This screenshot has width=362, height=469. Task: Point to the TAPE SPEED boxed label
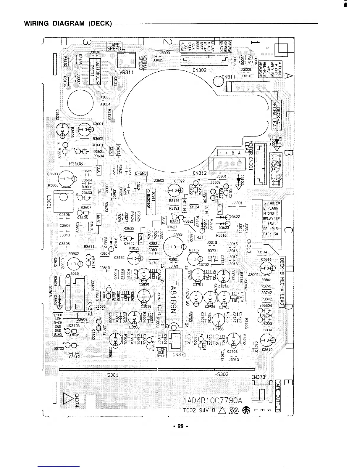point(114,47)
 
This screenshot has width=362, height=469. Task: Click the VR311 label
point(125,72)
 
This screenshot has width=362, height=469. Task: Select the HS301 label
point(111,374)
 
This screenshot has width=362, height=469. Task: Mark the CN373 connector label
point(258,377)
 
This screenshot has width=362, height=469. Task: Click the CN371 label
point(180,354)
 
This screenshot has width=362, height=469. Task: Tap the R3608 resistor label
point(75,164)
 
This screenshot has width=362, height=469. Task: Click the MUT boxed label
point(200,237)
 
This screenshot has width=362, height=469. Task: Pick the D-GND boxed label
point(141,174)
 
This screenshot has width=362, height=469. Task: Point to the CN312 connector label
point(199,173)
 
